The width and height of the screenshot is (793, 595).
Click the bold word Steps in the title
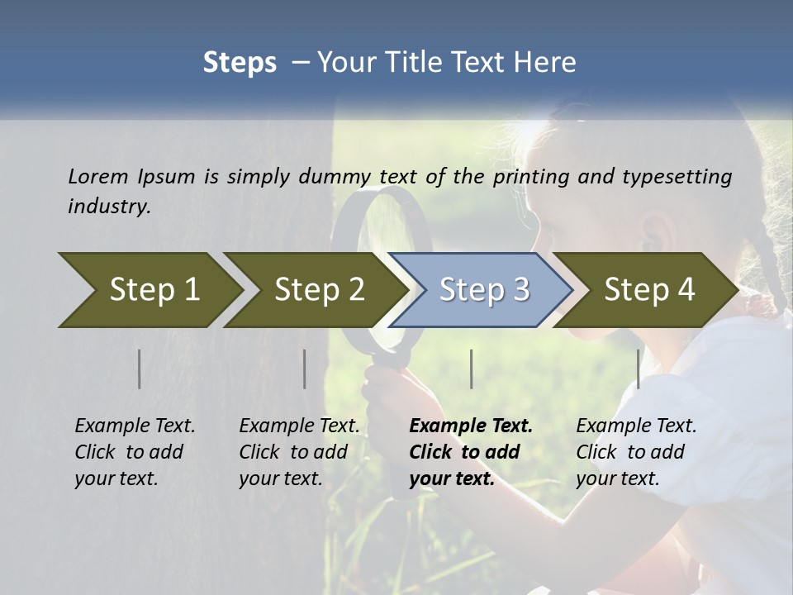[240, 63]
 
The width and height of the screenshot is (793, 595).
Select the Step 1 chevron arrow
[149, 289]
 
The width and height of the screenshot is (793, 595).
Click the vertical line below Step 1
[139, 369]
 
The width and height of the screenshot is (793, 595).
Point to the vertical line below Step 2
[304, 369]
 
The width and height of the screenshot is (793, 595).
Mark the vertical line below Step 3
[471, 369]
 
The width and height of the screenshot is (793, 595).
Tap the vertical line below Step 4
[638, 369]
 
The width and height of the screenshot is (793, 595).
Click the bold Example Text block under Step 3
[471, 452]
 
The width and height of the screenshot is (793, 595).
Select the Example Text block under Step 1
[135, 452]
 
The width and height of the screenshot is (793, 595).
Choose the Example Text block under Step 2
[299, 452]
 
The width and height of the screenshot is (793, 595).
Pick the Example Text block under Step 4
[636, 452]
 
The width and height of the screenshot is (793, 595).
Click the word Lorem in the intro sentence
[97, 176]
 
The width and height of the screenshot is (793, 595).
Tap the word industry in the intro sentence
[109, 207]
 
